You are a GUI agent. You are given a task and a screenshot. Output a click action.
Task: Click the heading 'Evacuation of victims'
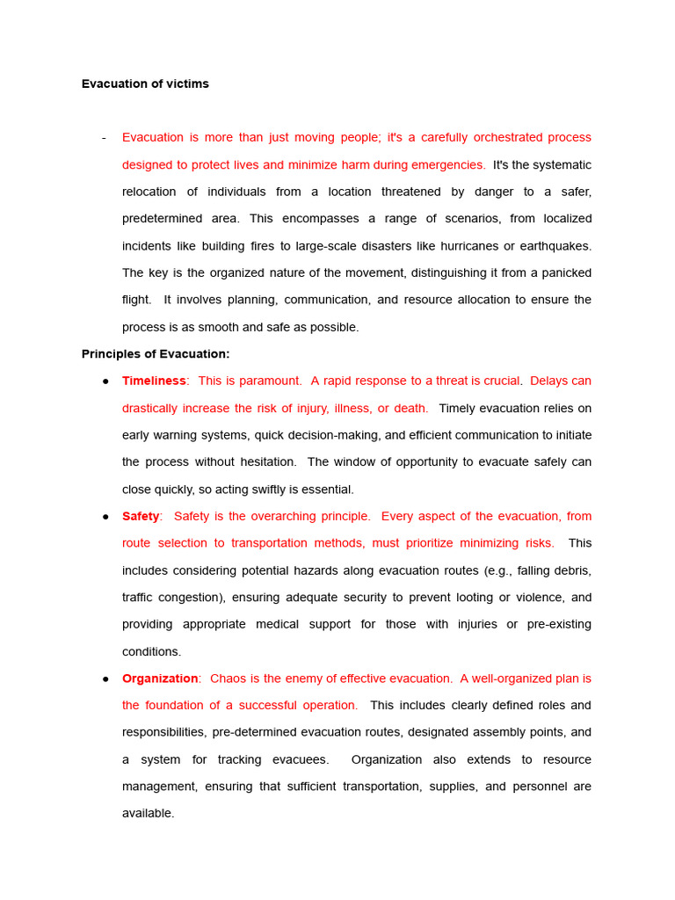(145, 84)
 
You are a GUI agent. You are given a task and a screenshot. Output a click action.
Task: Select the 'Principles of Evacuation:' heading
(156, 354)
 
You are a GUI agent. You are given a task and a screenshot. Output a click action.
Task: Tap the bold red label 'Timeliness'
(154, 381)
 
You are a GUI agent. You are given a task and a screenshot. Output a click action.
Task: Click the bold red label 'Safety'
(141, 517)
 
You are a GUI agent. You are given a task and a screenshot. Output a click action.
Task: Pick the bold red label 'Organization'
(160, 679)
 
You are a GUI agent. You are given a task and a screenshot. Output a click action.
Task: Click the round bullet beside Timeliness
(105, 381)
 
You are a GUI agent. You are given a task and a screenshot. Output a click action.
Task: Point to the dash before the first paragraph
(104, 138)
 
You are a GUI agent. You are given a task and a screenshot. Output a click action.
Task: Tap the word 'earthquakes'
(555, 246)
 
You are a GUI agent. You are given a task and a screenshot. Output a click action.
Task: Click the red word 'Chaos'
(229, 679)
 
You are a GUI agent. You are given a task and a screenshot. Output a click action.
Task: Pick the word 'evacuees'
(297, 760)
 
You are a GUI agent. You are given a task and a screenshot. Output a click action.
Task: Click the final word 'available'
(147, 814)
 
